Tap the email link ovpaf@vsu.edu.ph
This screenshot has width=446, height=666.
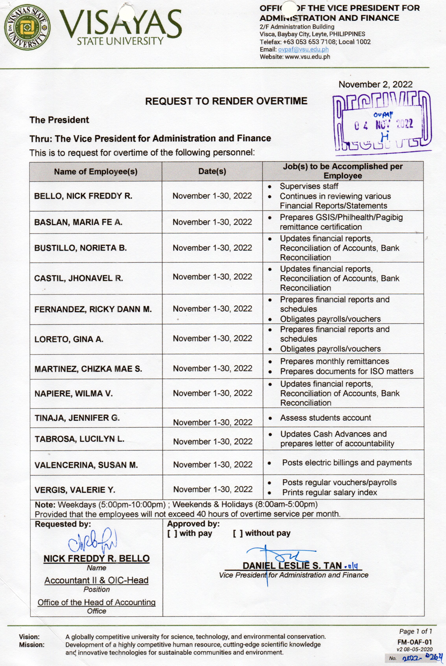[x=303, y=49]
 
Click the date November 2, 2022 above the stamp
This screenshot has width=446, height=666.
[x=375, y=85]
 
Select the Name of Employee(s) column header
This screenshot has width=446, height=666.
[x=96, y=172]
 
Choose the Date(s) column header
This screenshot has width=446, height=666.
[x=212, y=171]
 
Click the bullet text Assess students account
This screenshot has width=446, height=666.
[x=325, y=418]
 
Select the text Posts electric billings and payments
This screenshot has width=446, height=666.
[x=347, y=462]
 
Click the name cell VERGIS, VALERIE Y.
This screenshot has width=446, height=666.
[x=75, y=490]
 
